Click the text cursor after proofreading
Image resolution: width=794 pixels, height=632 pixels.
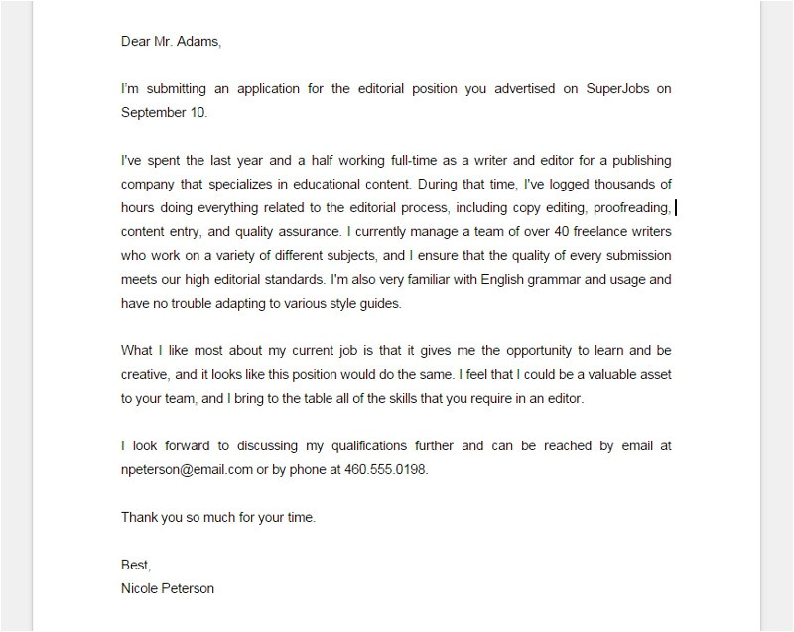click(676, 207)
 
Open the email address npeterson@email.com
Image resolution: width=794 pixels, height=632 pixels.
click(187, 469)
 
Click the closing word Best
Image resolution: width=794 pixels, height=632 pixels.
click(135, 565)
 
